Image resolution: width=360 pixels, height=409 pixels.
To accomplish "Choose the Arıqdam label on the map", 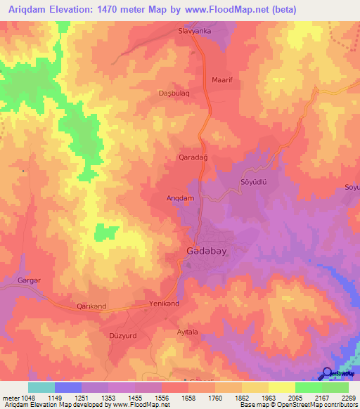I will (x=180, y=198).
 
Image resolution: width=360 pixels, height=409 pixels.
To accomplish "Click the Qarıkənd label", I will (x=91, y=306).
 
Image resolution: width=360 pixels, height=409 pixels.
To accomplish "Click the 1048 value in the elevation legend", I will (x=26, y=398).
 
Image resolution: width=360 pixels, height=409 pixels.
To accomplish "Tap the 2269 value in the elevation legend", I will (x=349, y=398).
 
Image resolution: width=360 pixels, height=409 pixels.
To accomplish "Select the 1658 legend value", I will (x=188, y=398).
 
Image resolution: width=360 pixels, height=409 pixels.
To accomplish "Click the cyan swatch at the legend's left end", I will (x=41, y=387).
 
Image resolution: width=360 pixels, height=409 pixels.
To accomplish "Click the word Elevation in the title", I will (x=82, y=10).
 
